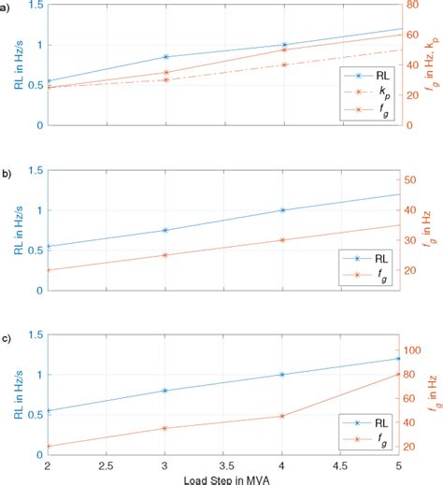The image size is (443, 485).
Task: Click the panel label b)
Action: [7, 173]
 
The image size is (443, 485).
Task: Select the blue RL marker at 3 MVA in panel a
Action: [165, 57]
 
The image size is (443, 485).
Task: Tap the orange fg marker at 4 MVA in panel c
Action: [283, 416]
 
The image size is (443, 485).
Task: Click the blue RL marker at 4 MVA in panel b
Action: [283, 210]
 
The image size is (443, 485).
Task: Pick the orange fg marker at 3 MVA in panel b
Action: [165, 255]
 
